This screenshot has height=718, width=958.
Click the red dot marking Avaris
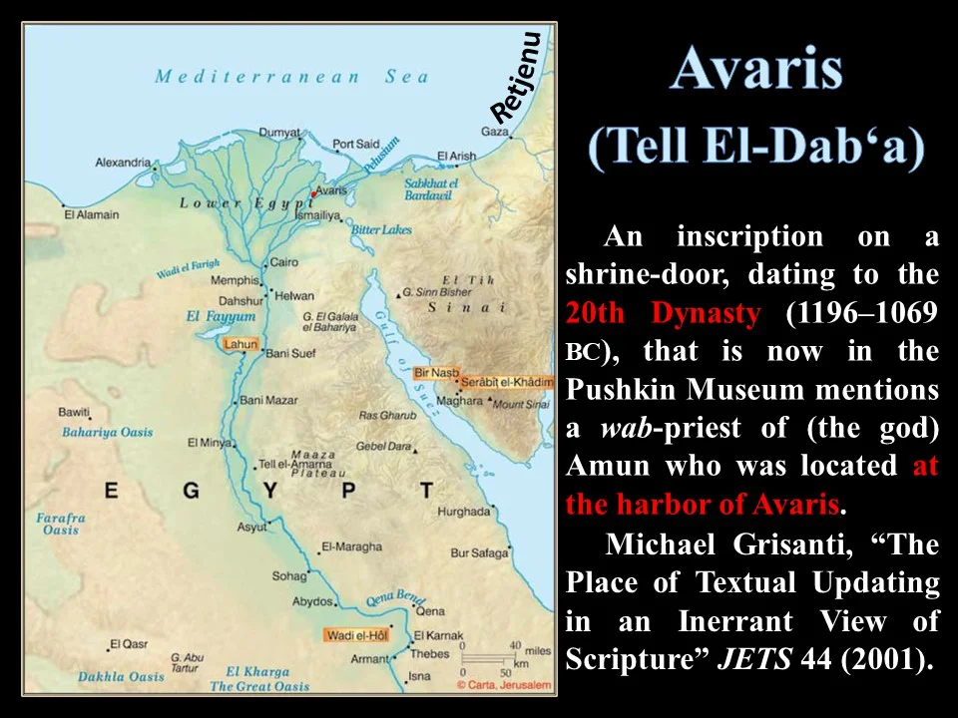[x=313, y=193]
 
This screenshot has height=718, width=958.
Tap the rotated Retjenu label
[x=517, y=77]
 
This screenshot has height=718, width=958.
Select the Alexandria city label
[x=123, y=163]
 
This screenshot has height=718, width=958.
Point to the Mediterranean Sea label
[x=291, y=77]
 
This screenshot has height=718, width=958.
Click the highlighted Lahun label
[x=239, y=344]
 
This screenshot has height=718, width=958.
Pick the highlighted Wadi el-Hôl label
[x=356, y=634]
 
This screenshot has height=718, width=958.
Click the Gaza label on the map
[x=495, y=131]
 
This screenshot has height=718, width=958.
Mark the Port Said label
[x=355, y=145]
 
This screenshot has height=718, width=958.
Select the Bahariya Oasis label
[x=108, y=432]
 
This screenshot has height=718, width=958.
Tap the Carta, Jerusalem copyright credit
[x=503, y=685]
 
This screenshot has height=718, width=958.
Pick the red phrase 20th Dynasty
[x=663, y=313]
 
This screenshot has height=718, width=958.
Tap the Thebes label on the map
[x=430, y=654]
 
